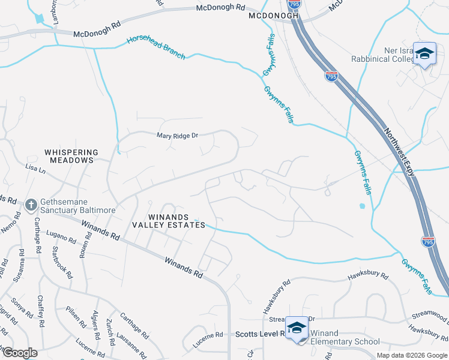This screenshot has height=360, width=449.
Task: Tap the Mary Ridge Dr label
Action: click(177, 136)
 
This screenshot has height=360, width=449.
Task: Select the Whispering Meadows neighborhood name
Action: click(69, 156)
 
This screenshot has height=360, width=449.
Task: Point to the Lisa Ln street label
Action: click(35, 170)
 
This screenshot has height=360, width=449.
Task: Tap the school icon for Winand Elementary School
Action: click(296, 328)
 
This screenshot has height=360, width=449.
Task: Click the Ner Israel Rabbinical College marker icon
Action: click(424, 55)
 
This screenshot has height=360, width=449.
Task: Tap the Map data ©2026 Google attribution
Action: click(411, 355)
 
